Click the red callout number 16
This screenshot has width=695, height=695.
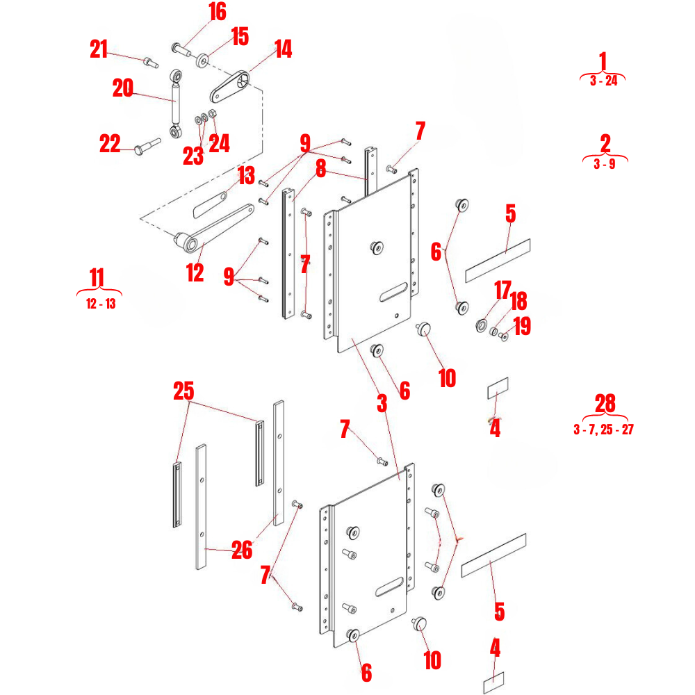point(217,12)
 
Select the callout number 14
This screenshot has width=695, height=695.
point(283,49)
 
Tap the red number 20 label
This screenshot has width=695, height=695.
point(122,88)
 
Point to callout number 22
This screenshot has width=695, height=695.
point(109,144)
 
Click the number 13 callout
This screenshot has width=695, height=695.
point(247,176)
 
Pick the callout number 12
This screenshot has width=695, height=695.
point(195,272)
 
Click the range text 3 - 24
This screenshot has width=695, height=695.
point(603,81)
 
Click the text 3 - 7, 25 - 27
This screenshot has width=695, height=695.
point(603,430)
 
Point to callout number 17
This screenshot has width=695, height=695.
point(502,288)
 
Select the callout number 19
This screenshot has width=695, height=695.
point(522,327)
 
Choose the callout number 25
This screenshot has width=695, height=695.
point(183,391)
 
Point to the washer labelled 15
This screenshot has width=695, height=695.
point(203,60)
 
